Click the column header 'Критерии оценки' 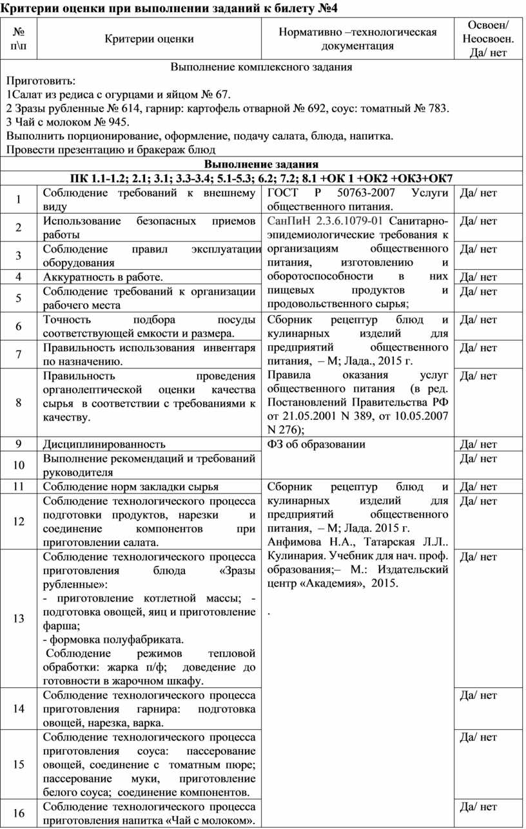click(x=150, y=39)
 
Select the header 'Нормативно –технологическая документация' click(x=358, y=39)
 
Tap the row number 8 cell click(x=19, y=403)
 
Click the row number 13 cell click(x=19, y=619)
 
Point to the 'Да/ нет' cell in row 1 click(x=480, y=193)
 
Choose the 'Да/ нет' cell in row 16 click(x=480, y=806)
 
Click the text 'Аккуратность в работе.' click(x=102, y=277)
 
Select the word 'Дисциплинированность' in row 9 click(x=104, y=444)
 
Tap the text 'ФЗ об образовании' click(x=316, y=444)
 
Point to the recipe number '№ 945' click(x=113, y=122)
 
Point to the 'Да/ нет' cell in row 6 click(x=480, y=319)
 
